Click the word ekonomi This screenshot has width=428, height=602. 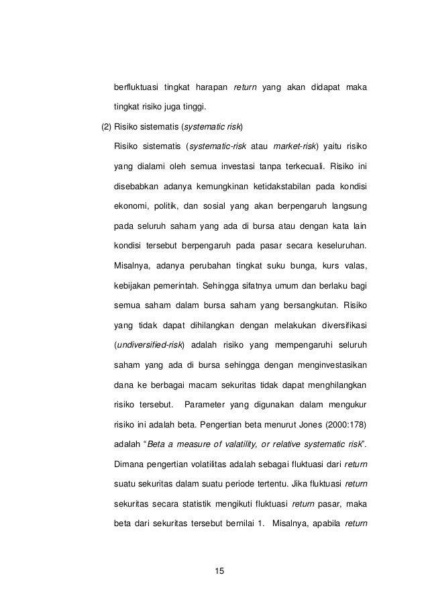[131, 203]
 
